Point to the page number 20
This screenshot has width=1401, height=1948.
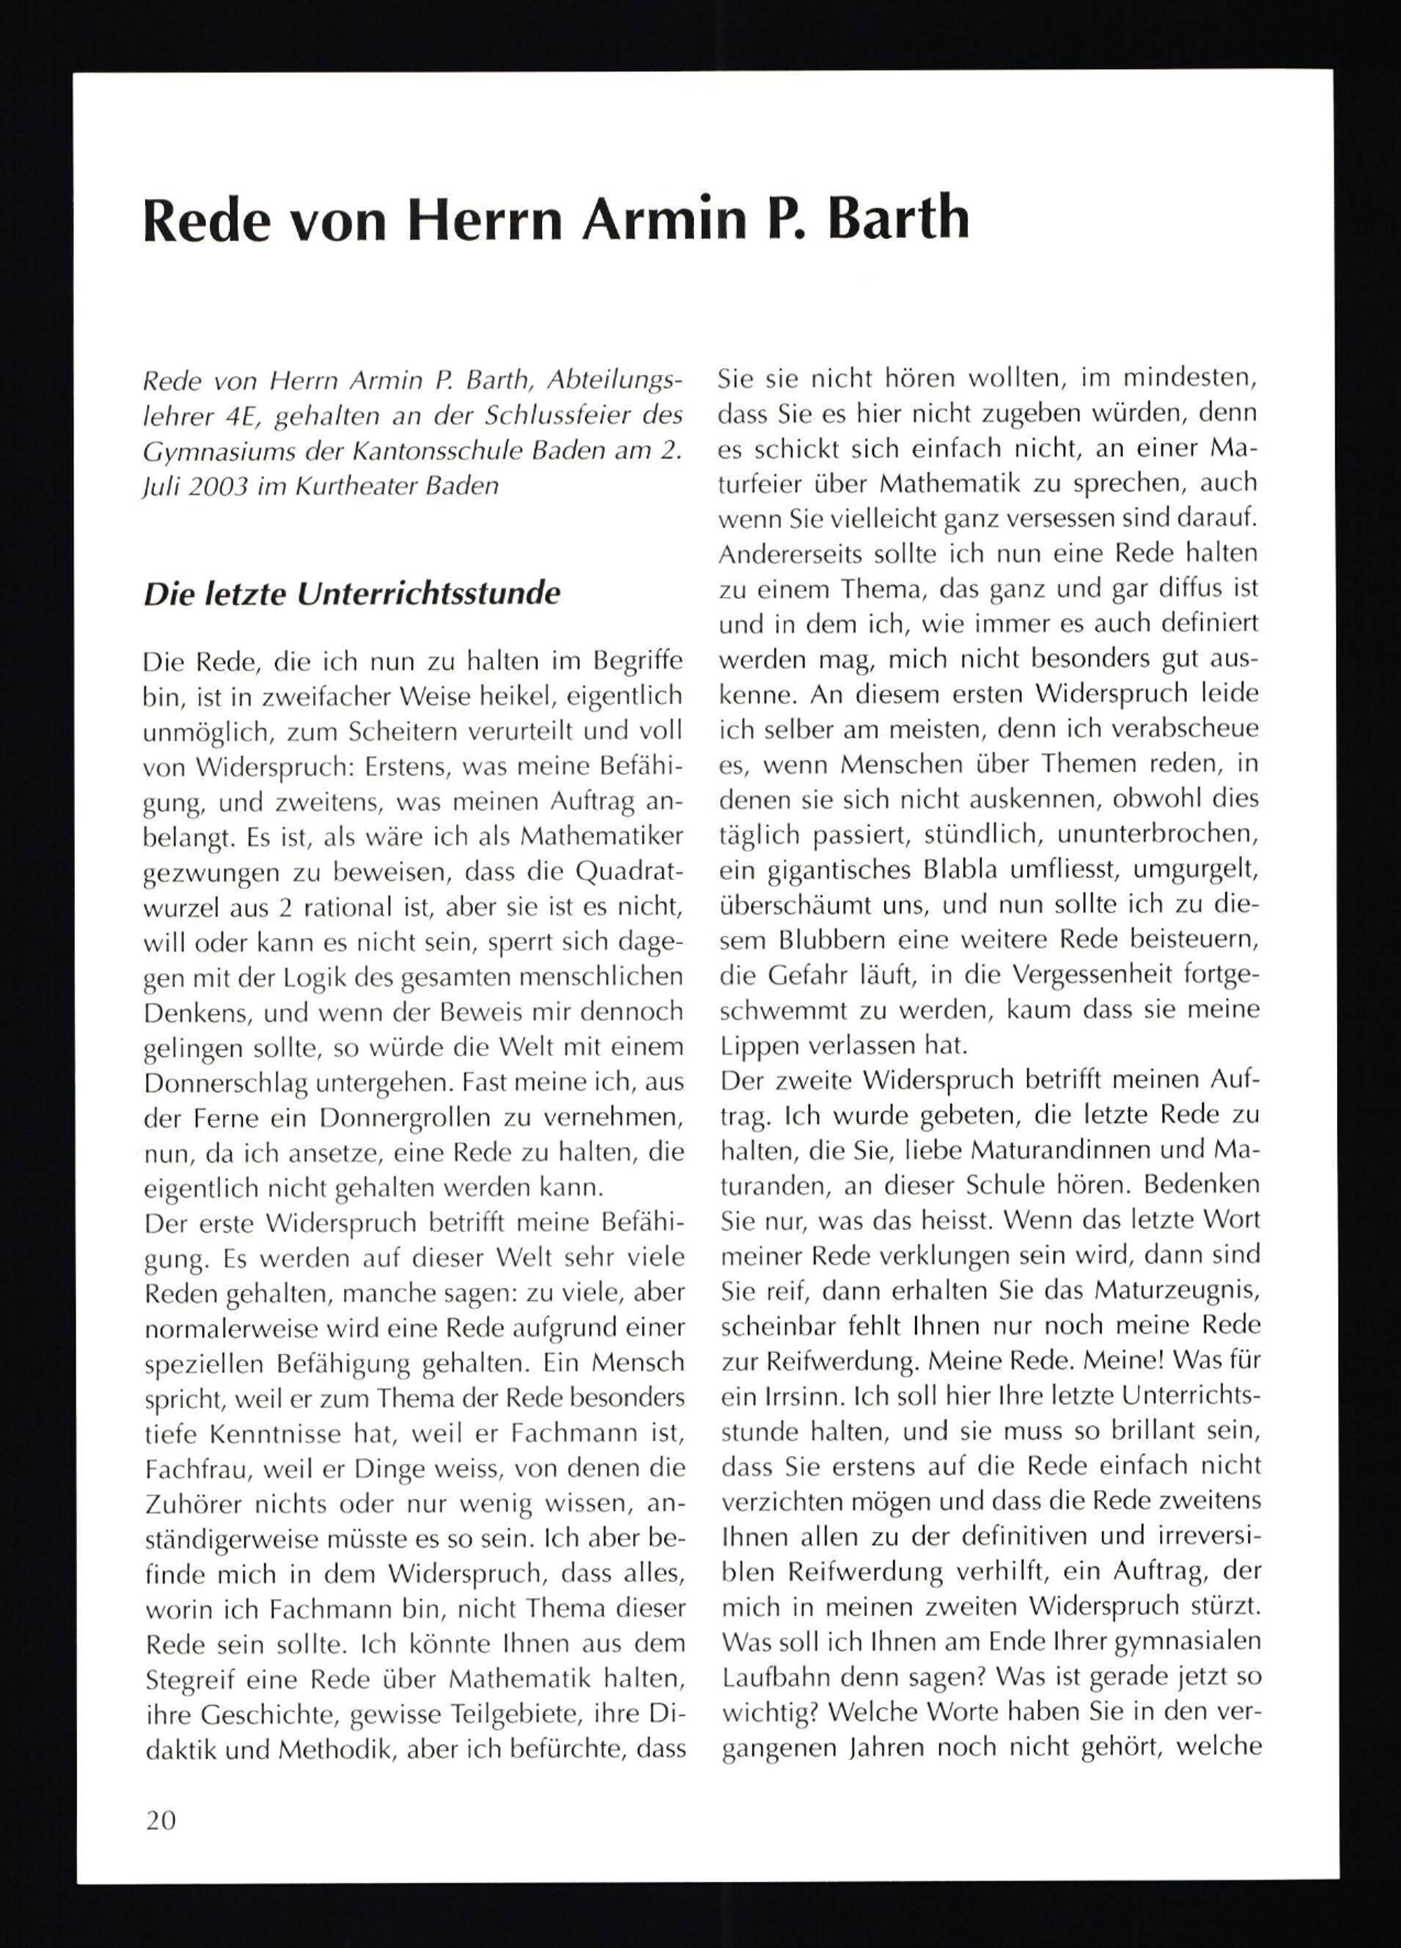160,1819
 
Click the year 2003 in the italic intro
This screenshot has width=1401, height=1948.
218,486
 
